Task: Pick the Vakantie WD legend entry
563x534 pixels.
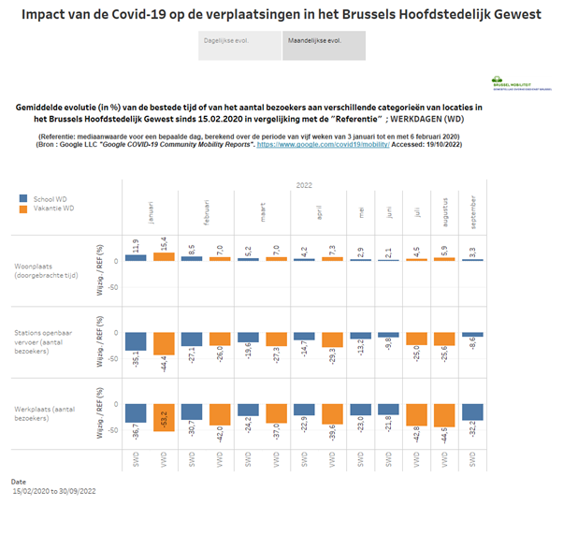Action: point(48,209)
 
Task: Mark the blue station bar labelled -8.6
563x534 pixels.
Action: point(473,335)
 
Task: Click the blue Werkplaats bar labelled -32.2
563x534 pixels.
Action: point(473,413)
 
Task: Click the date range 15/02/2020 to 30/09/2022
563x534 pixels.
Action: point(54,490)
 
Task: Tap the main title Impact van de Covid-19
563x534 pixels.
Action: point(281,14)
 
